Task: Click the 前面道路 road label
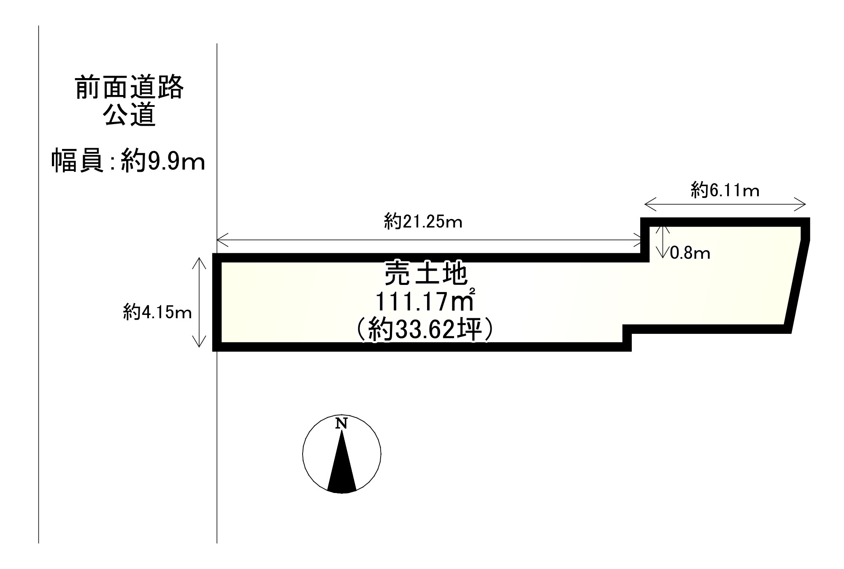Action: point(130,87)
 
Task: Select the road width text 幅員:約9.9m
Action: point(128,160)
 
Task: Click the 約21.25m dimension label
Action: point(423,222)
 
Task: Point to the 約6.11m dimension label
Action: point(725,190)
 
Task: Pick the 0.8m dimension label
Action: point(690,253)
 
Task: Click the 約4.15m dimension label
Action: point(157,313)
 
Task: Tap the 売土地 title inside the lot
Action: point(425,273)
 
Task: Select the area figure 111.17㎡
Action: point(425,301)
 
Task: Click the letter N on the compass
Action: point(341,423)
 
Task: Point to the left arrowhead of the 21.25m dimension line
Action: point(222,240)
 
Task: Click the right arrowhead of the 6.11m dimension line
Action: point(801,204)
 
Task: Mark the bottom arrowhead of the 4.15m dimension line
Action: point(199,341)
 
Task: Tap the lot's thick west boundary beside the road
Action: point(217,302)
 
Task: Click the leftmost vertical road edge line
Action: point(39,284)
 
